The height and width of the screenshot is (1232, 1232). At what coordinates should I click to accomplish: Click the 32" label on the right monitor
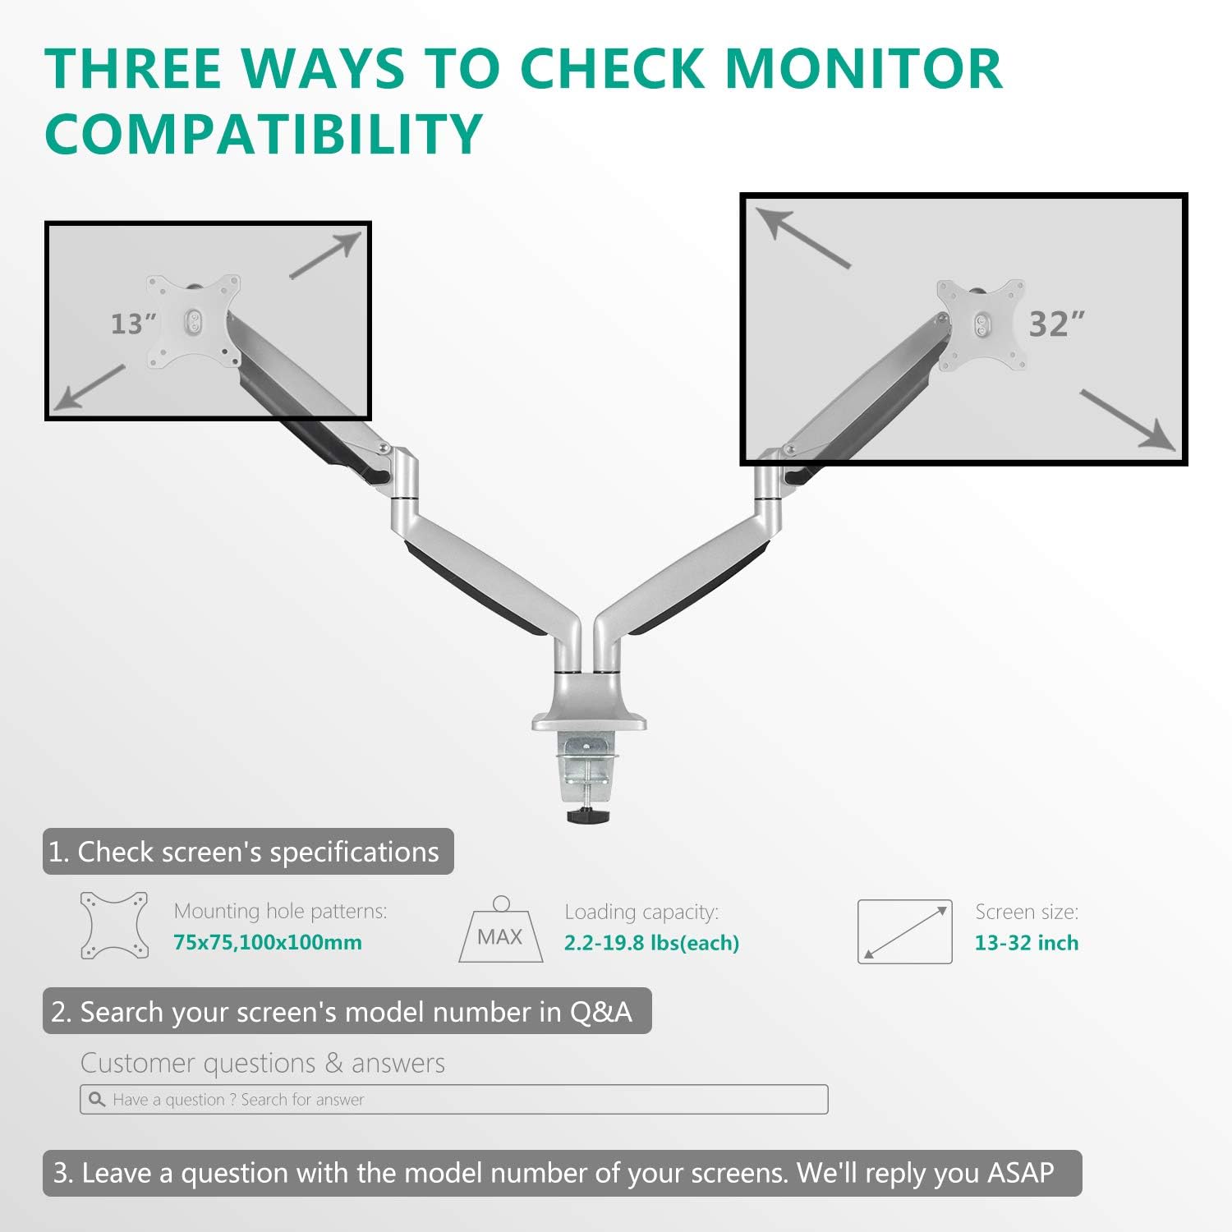[x=1056, y=324]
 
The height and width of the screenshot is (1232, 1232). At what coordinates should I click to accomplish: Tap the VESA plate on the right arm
[x=981, y=324]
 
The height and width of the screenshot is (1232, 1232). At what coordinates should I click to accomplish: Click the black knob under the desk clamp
[x=588, y=816]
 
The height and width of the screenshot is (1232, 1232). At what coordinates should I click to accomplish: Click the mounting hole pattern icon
[x=115, y=926]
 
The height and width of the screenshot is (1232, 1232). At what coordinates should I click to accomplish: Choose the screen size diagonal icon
[x=904, y=931]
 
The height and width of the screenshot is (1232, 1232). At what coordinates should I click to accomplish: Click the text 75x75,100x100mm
[x=268, y=942]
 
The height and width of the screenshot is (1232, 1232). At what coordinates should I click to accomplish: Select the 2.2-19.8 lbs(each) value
[x=651, y=943]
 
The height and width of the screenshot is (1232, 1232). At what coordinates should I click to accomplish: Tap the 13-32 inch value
[x=1026, y=943]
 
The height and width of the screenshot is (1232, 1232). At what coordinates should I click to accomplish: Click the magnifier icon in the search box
[x=97, y=1100]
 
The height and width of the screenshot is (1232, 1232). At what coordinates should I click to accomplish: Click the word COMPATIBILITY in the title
[x=263, y=133]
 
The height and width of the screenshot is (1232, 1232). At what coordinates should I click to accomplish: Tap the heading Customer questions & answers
[x=263, y=1063]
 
